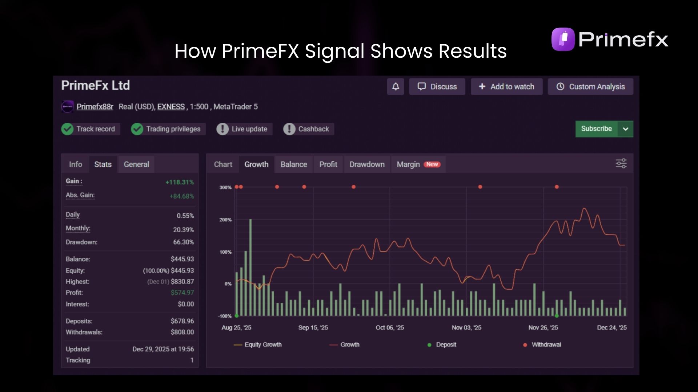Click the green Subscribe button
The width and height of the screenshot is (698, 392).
[596, 129]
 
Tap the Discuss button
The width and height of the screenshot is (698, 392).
[437, 87]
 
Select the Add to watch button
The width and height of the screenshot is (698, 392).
[506, 87]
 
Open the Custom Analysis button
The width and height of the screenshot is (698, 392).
[590, 87]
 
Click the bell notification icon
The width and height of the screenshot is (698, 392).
[396, 87]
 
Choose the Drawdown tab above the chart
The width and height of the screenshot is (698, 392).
[367, 164]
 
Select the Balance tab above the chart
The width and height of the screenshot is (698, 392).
[294, 164]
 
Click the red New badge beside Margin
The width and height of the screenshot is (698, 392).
[432, 164]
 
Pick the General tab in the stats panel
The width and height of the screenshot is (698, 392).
[136, 164]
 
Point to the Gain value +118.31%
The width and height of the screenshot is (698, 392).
[180, 182]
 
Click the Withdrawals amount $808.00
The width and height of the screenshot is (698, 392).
[182, 332]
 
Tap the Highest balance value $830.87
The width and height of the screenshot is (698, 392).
[182, 282]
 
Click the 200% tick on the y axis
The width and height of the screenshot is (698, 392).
[225, 220]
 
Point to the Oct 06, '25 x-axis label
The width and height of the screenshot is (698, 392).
[390, 328]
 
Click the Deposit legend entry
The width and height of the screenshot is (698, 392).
[442, 345]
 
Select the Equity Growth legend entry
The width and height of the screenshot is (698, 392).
[258, 345]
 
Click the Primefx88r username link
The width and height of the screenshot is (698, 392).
[95, 107]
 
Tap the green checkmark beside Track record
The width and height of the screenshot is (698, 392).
[67, 129]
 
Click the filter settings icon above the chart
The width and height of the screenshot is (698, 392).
[621, 164]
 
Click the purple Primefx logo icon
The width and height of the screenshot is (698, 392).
[563, 39]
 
